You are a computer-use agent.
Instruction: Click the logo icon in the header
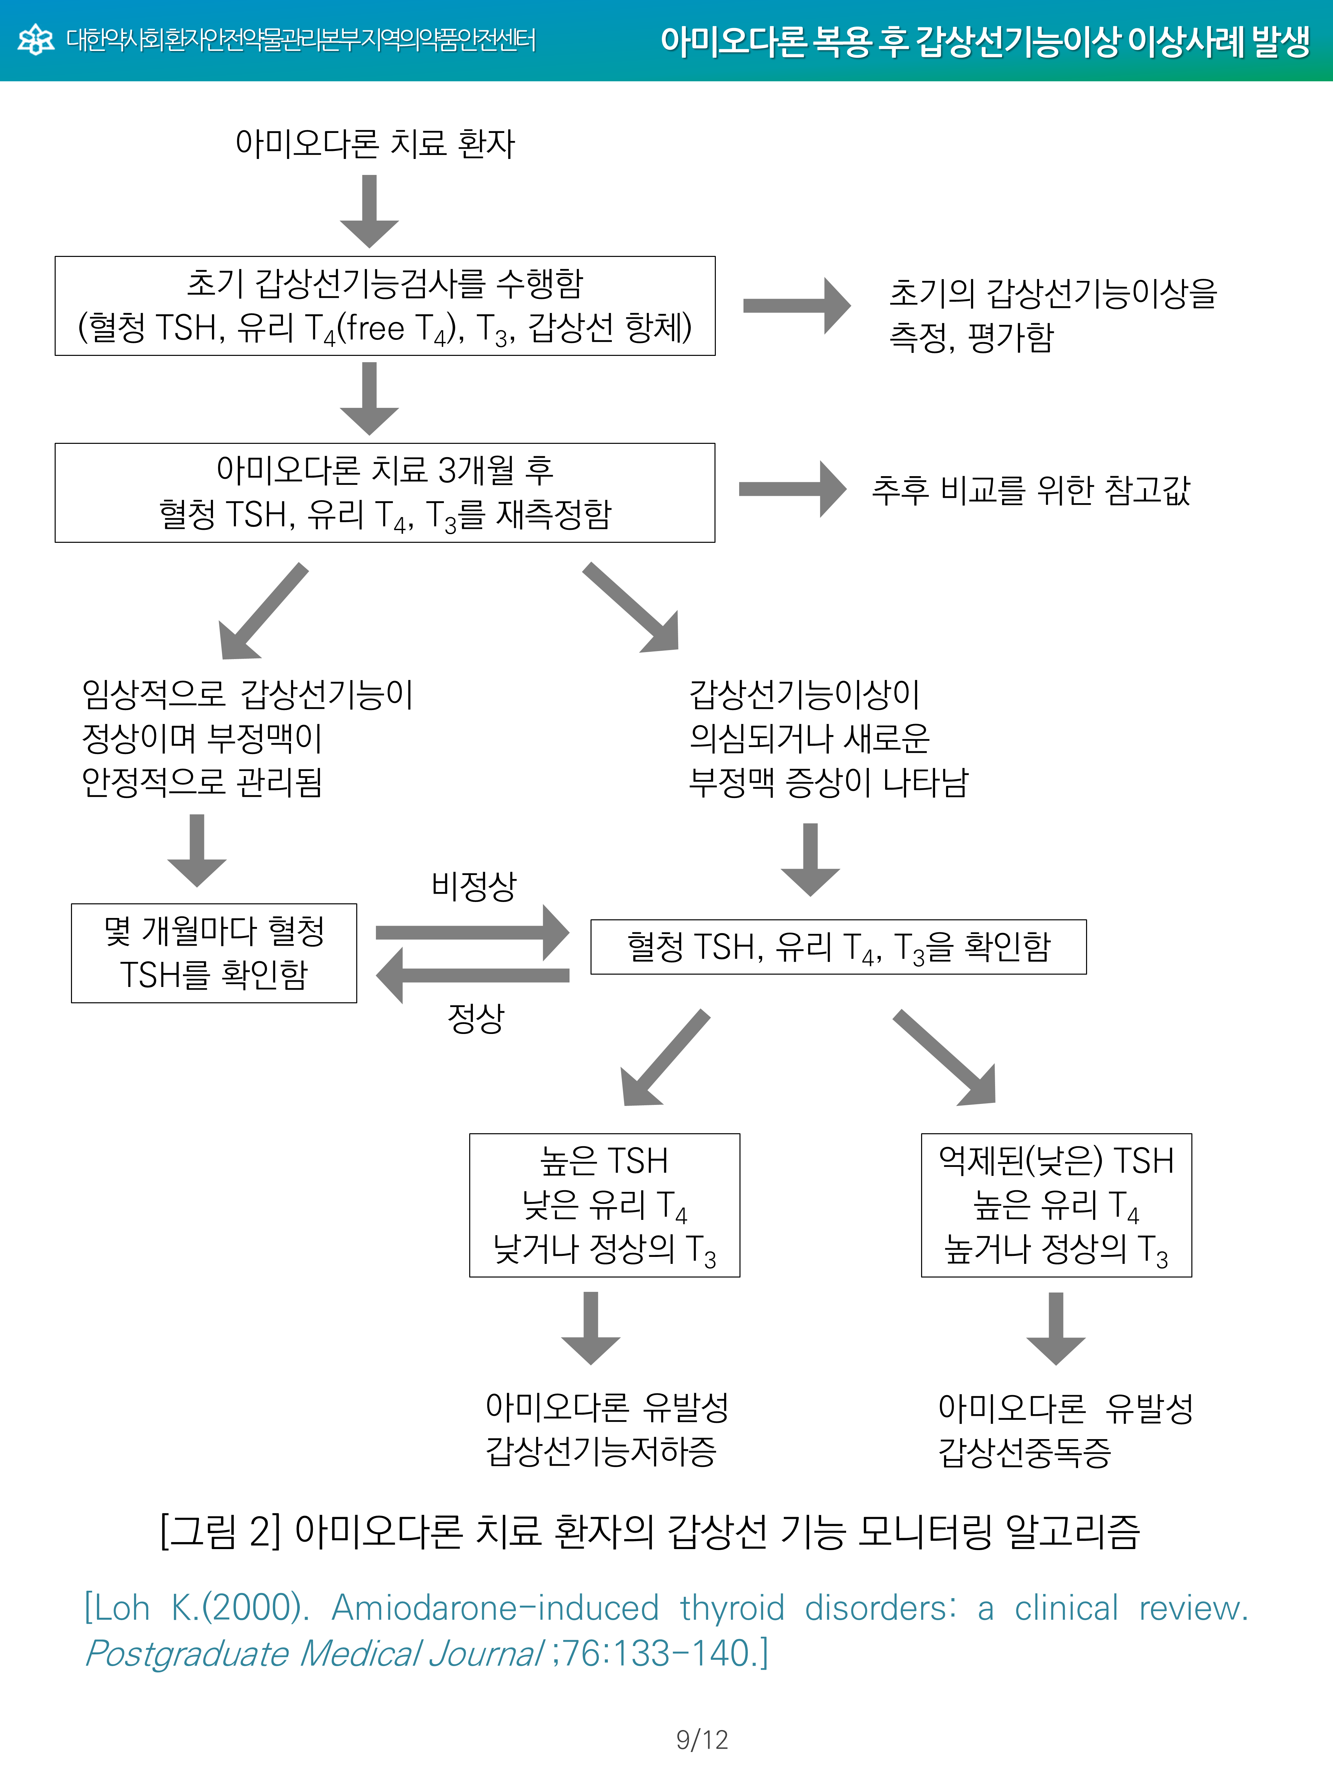coord(35,39)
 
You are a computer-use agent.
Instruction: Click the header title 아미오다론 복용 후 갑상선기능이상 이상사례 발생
coord(984,41)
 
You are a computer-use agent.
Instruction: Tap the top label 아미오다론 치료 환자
coord(375,144)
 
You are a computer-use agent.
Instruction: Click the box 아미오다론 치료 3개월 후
coord(385,492)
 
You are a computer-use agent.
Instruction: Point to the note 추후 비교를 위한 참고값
coord(1031,490)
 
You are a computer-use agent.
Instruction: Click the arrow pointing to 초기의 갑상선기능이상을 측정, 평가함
coord(795,305)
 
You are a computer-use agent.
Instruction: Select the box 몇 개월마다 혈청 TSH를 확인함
coord(214,953)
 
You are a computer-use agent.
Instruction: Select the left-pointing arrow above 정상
coord(473,975)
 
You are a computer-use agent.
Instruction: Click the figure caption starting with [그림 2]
coord(649,1530)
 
